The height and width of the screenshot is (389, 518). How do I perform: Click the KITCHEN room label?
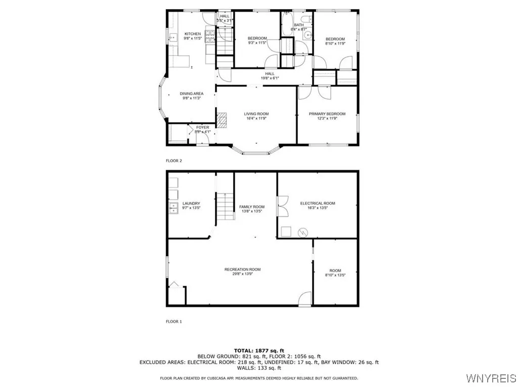192,34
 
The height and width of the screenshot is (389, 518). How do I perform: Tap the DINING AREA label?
192,94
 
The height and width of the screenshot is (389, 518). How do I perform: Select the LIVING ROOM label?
256,114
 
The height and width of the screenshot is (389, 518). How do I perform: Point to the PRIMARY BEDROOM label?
327,114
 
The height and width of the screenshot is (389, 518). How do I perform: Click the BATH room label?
299,25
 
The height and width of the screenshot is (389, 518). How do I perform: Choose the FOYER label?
202,128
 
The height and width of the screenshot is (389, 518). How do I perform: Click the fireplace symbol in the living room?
223,120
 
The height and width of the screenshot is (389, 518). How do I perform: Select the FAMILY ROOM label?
252,207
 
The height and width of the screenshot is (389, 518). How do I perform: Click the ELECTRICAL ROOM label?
318,204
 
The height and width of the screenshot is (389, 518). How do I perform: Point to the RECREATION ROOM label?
243,269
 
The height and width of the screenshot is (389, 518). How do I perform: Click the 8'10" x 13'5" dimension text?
335,275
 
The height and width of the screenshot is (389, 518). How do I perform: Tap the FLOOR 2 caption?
174,161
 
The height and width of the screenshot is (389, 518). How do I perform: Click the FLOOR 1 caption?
174,321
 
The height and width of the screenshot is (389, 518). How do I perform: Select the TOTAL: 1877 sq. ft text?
259,351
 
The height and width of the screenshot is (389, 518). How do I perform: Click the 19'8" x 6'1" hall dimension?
270,79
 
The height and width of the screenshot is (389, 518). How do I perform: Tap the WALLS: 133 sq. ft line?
259,368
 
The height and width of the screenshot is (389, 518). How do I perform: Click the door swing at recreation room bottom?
305,300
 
